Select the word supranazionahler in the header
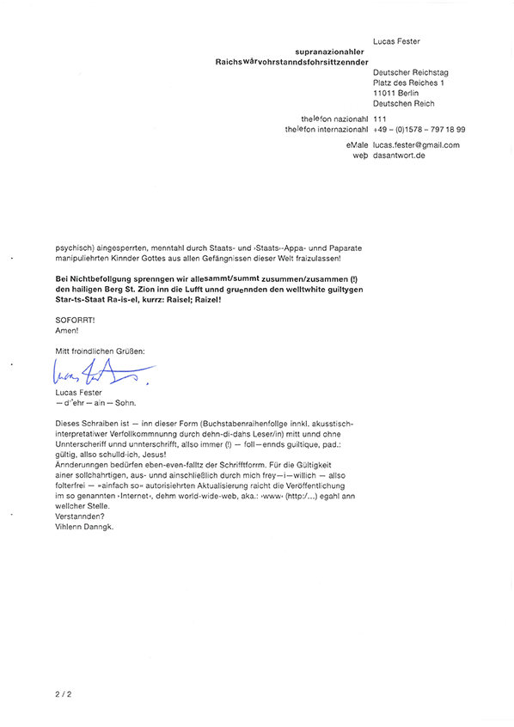(331, 52)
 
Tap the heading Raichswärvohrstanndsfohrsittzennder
(292, 62)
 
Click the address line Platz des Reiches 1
(408, 82)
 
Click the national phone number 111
(381, 118)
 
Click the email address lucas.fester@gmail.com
(416, 145)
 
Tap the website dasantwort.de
(400, 156)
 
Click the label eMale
(356, 145)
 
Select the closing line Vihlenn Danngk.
(83, 527)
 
